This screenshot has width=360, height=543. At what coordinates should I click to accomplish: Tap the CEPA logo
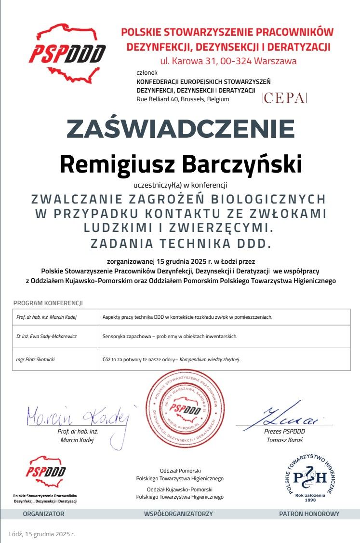pyautogui.click(x=284, y=98)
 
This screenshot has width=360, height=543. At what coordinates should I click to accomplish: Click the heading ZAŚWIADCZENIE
pyautogui.click(x=180, y=129)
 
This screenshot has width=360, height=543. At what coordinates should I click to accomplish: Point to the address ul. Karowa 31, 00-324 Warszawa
pyautogui.click(x=228, y=61)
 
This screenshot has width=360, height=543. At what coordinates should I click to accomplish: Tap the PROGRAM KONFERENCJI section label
pyautogui.click(x=48, y=303)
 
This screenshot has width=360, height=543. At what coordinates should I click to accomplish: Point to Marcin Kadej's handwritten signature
pyautogui.click(x=77, y=416)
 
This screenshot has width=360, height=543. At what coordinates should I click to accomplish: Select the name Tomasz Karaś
pyautogui.click(x=284, y=440)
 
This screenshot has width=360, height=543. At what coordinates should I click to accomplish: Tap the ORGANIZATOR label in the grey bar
pyautogui.click(x=43, y=514)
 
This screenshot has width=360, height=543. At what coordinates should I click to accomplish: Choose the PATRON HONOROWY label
pyautogui.click(x=309, y=514)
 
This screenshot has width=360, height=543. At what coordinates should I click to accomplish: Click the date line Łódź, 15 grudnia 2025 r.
pyautogui.click(x=42, y=534)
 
